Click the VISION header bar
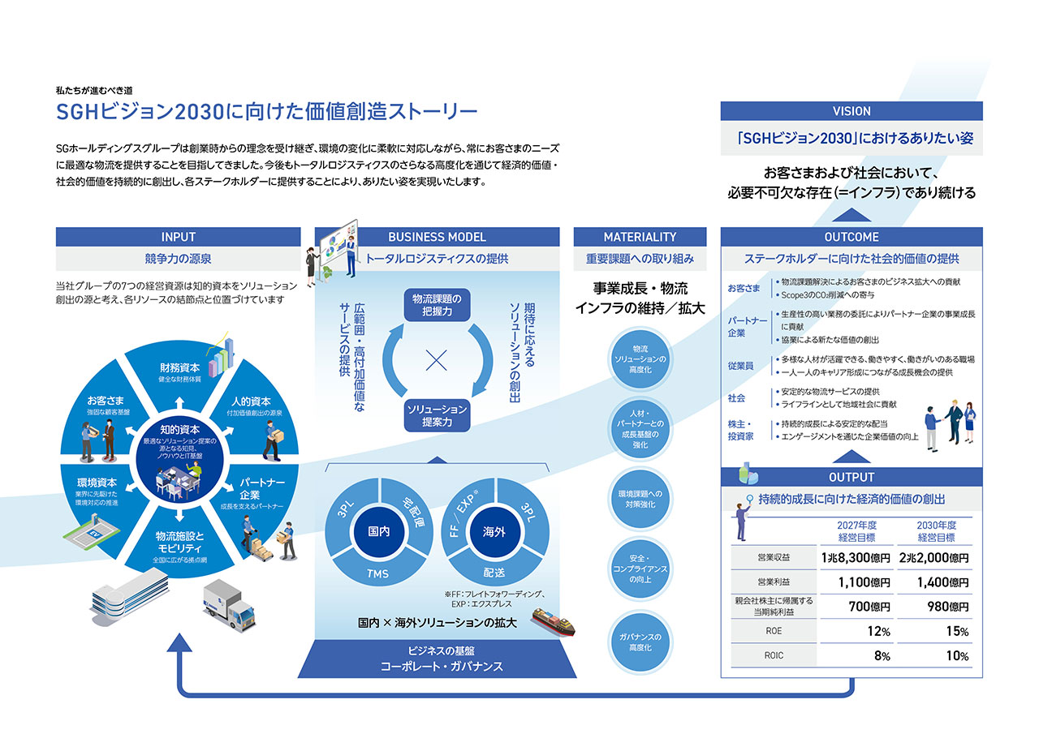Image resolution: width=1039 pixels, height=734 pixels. (x=851, y=111)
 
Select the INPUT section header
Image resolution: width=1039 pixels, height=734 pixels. (x=179, y=237)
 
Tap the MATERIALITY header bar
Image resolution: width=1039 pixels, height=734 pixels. (x=640, y=237)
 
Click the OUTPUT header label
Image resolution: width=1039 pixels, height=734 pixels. (x=851, y=477)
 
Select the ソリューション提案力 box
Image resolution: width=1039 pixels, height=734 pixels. (x=437, y=415)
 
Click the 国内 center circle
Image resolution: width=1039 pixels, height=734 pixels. (x=379, y=532)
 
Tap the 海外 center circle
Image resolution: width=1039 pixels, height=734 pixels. (x=494, y=532)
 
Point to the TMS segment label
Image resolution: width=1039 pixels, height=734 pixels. (x=379, y=573)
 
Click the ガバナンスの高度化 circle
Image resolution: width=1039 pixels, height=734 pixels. (x=640, y=642)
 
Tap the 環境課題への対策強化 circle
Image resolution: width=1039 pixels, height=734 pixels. (x=640, y=499)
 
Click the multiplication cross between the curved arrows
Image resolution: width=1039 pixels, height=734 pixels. (x=437, y=360)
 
